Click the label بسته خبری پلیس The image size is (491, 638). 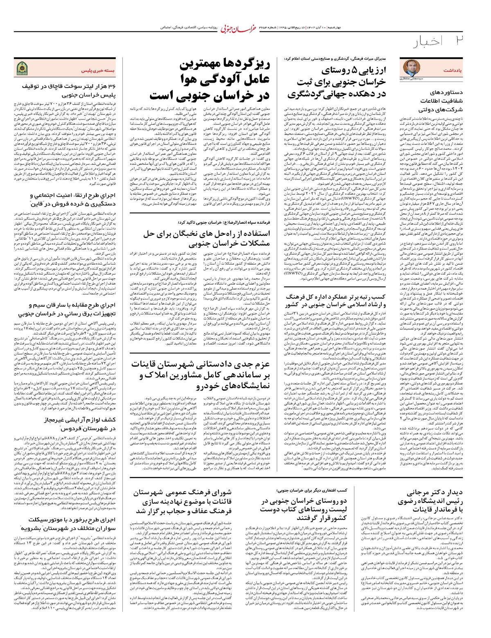click(98, 70)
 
